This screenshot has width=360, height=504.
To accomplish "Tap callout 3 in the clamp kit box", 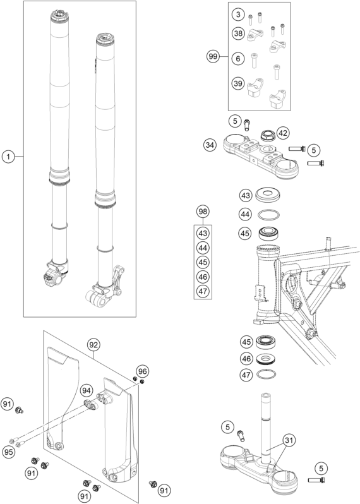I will pyautogui.click(x=237, y=14).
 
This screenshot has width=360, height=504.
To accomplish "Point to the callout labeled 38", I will pyautogui.click(x=237, y=35).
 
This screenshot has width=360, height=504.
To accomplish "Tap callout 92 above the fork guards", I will pyautogui.click(x=93, y=345).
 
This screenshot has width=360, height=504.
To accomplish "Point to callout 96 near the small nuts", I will pyautogui.click(x=143, y=371).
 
